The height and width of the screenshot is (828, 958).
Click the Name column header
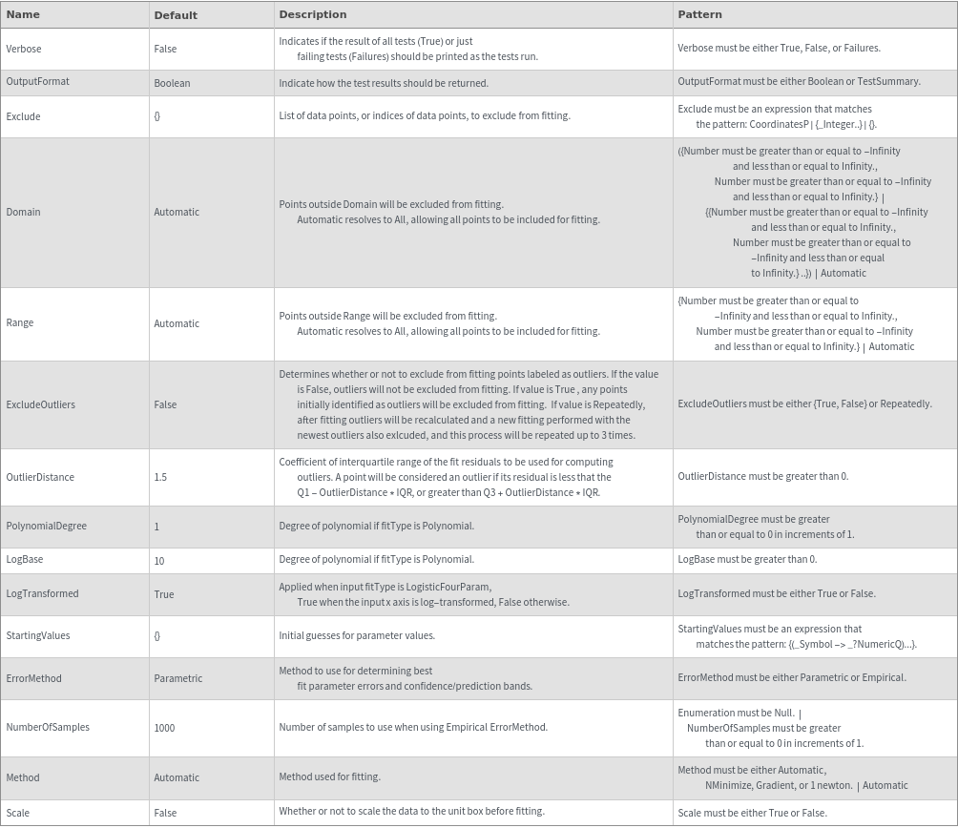[23, 14]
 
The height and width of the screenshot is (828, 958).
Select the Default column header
[176, 15]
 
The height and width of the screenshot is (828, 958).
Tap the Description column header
[313, 14]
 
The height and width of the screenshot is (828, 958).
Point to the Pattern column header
[699, 14]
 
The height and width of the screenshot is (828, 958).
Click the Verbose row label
[24, 49]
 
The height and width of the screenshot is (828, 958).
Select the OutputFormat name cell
[37, 82]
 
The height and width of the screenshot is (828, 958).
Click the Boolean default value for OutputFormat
[172, 83]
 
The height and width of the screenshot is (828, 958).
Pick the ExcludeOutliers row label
[40, 404]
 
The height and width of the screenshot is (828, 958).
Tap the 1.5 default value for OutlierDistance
[160, 477]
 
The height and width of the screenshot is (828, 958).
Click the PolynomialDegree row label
[46, 526]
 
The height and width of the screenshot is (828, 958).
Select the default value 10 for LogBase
[159, 561]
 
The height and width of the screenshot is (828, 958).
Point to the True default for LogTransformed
[164, 594]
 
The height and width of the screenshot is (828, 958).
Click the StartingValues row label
[38, 635]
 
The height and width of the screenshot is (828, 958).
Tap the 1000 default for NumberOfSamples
[164, 728]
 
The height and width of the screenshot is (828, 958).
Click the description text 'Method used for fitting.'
[329, 776]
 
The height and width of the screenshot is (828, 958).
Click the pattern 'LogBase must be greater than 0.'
[747, 559]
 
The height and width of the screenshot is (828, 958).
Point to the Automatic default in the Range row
[177, 323]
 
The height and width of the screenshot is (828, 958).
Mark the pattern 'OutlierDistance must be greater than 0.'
[762, 476]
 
